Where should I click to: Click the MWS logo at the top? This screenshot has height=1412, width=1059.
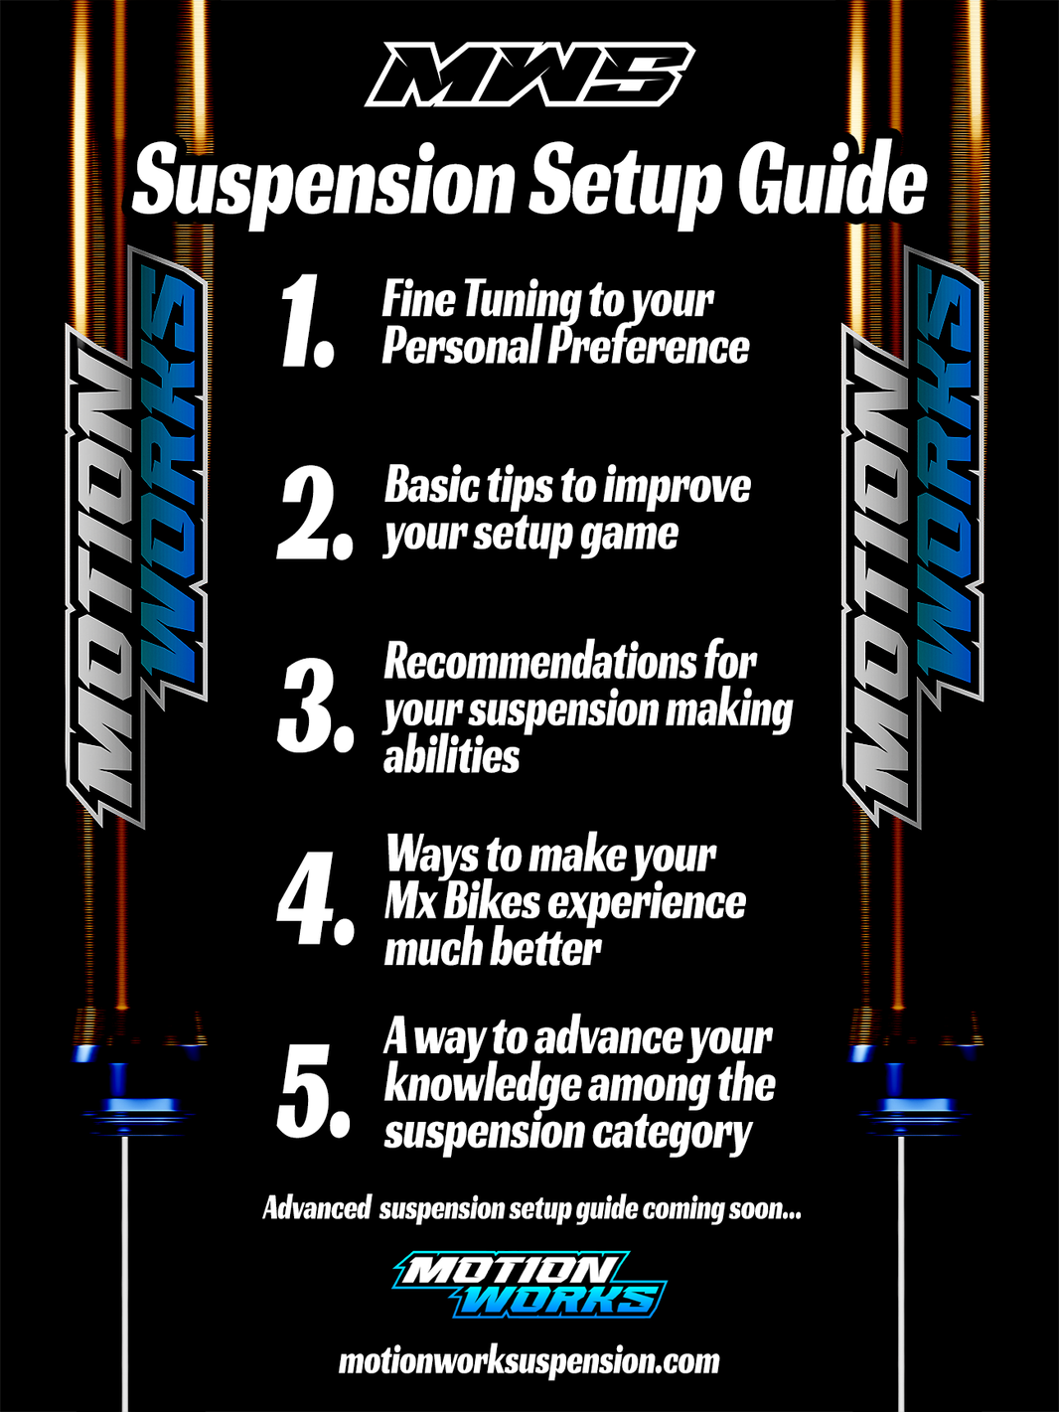pos(529,76)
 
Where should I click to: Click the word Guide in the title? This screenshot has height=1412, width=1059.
pos(832,183)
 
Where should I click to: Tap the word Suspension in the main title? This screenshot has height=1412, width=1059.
pos(324,183)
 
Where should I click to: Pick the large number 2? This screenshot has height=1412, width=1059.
pos(313,513)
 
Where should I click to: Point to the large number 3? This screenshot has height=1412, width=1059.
pos(314,706)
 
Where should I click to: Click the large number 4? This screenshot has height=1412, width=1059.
pos(314,898)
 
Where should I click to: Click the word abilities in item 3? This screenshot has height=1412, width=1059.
pos(451,757)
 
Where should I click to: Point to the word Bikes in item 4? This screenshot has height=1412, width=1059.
pos(492,902)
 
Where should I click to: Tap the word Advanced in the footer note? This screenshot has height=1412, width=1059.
pos(316,1209)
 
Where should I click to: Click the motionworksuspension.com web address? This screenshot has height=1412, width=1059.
pos(529,1361)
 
